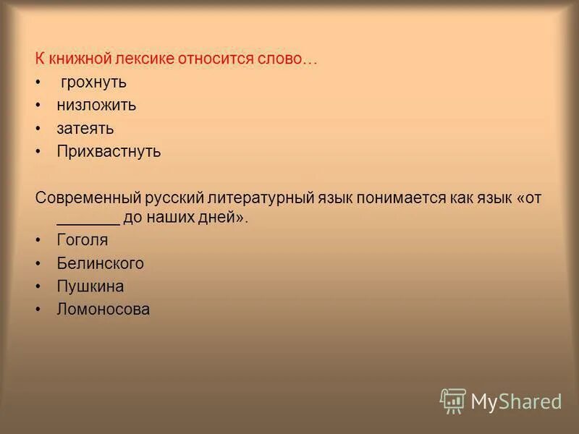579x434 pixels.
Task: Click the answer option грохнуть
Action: tap(94, 82)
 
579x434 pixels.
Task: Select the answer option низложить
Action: tap(96, 105)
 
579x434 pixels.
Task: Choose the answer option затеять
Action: tap(85, 129)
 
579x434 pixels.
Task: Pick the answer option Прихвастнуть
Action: tap(109, 152)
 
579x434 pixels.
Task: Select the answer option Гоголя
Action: tap(82, 239)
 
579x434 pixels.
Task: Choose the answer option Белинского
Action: tap(100, 263)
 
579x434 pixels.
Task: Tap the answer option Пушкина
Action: tap(90, 286)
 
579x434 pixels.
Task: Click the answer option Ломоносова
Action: tap(103, 310)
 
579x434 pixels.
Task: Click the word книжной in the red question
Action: tap(77, 59)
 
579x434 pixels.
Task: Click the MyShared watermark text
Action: tap(516, 401)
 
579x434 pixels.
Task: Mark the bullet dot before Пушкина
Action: tap(38, 286)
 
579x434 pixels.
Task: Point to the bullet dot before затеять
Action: tap(38, 129)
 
